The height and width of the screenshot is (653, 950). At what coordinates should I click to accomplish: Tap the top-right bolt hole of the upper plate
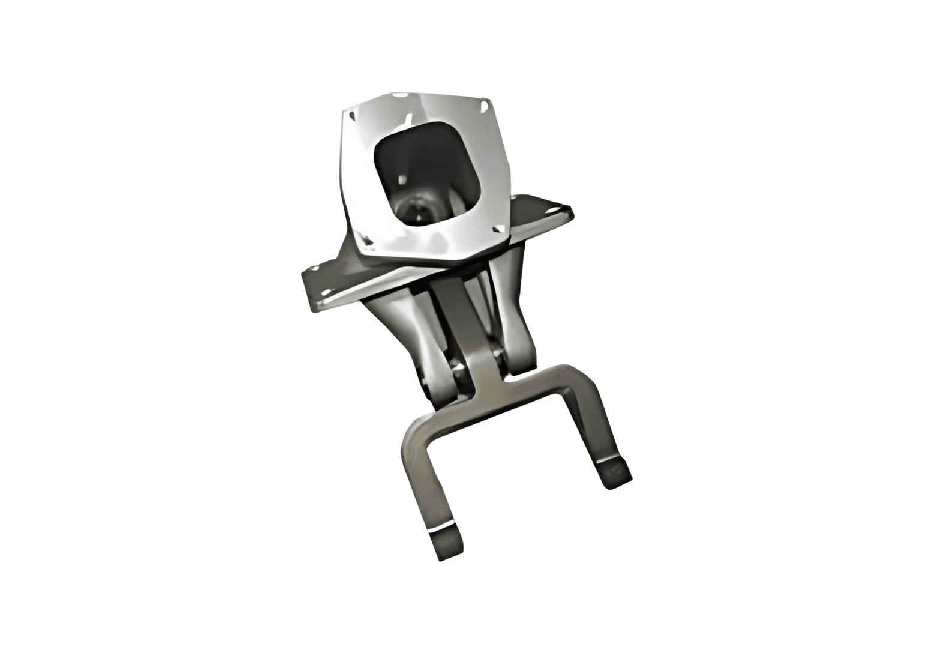(483, 106)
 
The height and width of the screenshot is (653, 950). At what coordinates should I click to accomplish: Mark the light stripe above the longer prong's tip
(443, 529)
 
